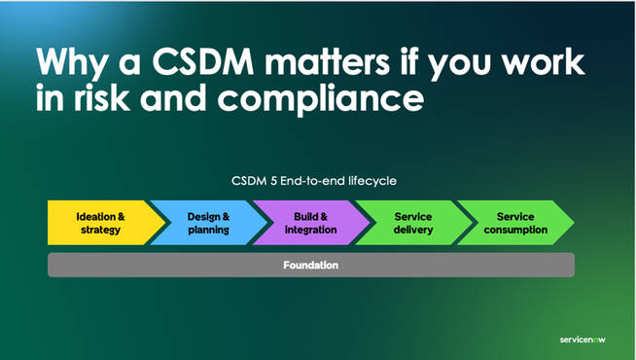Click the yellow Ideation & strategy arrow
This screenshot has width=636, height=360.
tap(97, 223)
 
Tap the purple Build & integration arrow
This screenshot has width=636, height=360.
tap(308, 223)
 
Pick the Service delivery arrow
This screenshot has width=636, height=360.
tap(411, 223)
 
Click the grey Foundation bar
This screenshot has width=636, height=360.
tap(311, 265)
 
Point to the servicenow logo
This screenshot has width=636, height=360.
tap(586, 340)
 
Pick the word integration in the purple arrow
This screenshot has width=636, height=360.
tap(309, 231)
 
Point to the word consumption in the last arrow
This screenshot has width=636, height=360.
tap(515, 231)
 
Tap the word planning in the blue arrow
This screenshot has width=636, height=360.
tap(208, 231)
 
